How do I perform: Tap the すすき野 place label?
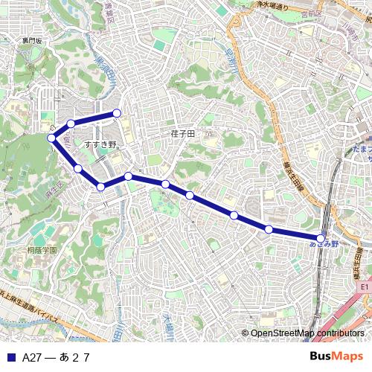tap(101, 144)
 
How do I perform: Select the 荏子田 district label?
tap(182, 133)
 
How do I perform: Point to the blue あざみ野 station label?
tap(324, 244)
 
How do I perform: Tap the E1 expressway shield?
tap(364, 286)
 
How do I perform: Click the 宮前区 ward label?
tap(312, 13)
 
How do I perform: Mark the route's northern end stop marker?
tap(117, 113)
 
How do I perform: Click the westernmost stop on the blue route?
tap(52, 138)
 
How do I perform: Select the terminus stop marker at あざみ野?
tap(321, 238)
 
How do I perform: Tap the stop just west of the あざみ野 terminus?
tap(268, 229)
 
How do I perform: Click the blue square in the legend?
tap(10, 357)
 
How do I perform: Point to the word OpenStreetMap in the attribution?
tap(282, 333)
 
